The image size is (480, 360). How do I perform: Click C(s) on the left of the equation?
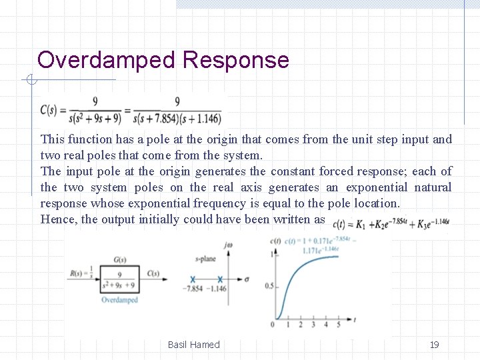coord(53,110)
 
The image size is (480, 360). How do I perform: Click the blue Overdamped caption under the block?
coord(120,300)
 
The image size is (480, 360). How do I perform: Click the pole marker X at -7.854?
coord(193,279)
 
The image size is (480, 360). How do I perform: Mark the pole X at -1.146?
coord(220,279)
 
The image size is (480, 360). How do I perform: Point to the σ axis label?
coord(247,279)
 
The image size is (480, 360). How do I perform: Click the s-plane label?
coord(205,259)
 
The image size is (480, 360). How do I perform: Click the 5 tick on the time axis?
coord(338,325)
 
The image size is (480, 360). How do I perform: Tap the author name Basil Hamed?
coord(194,345)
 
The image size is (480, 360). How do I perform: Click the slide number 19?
coord(435,345)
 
